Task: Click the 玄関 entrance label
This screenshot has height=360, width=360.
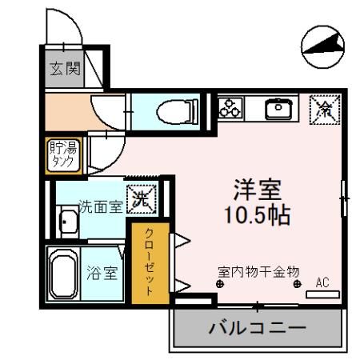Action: point(66,70)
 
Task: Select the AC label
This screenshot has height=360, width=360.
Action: point(323,282)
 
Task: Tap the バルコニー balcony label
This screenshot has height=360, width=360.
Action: point(258,328)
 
